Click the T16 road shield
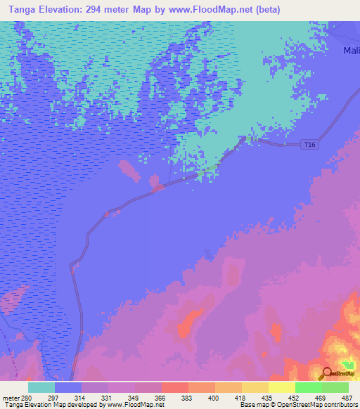309,145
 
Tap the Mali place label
351,51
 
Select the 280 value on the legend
27,398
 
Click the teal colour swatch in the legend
41,387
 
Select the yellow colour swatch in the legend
282,387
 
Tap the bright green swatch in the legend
309,387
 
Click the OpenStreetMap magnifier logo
327,373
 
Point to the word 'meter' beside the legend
11,398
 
